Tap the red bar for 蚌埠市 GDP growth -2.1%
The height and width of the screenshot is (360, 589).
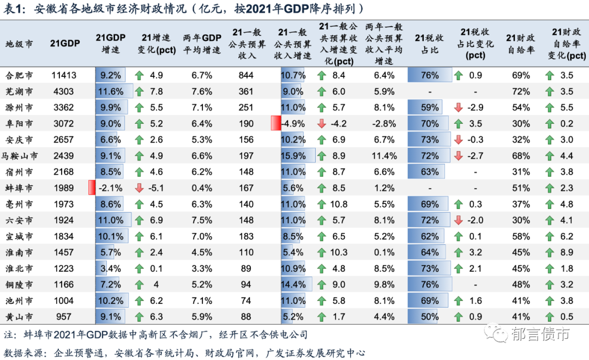coord(92,188)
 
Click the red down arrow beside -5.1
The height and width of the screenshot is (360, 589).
coord(139,188)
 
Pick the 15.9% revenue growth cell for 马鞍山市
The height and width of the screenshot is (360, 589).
coord(294,156)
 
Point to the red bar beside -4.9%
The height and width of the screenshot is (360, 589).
coord(276,124)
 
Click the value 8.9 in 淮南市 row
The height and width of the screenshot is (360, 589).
coord(567,253)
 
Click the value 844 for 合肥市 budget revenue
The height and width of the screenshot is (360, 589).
coord(246,75)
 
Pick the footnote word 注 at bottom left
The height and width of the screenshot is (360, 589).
coord(8,334)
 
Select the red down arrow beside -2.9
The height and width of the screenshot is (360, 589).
coord(458,107)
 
